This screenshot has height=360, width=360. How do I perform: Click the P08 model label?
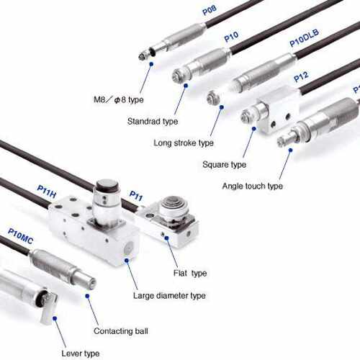[x=210, y=10]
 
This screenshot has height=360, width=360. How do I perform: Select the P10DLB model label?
[x=304, y=37]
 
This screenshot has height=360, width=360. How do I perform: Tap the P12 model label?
[x=301, y=76]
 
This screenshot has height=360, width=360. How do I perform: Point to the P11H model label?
[x=47, y=192]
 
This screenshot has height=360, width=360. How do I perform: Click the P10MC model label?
[x=20, y=236]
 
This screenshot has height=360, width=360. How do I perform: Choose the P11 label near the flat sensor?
[x=136, y=196]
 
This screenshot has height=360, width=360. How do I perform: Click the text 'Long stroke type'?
[x=184, y=143]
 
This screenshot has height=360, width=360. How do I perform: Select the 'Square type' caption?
[x=225, y=165]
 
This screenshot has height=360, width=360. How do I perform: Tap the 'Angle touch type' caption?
[x=253, y=186]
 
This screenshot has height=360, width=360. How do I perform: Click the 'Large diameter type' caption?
[x=169, y=295]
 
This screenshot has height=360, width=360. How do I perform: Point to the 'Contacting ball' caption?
[x=121, y=331]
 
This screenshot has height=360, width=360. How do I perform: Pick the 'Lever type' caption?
[x=81, y=354]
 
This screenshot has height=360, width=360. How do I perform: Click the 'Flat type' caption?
[x=190, y=273]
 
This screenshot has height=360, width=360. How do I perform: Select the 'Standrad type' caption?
[x=153, y=121]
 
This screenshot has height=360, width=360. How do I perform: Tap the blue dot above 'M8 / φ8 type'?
[x=151, y=64]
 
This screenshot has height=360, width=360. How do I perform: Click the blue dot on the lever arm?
[x=55, y=318]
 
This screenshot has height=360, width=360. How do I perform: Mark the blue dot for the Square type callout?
[x=253, y=129]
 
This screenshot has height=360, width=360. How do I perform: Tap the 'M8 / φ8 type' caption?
[x=119, y=99]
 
